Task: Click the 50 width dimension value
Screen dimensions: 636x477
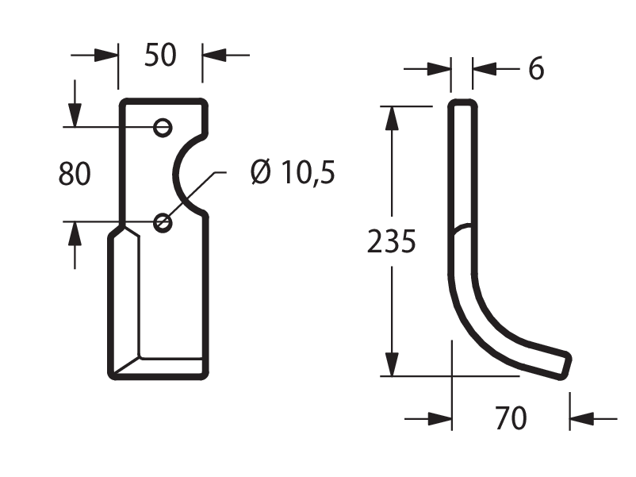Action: pyautogui.click(x=160, y=56)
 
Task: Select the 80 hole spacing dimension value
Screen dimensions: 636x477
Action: pyautogui.click(x=75, y=174)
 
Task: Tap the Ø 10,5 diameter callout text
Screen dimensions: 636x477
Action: pyautogui.click(x=293, y=172)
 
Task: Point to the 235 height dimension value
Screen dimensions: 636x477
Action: pyautogui.click(x=392, y=241)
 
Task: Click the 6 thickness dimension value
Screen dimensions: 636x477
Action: pyautogui.click(x=536, y=68)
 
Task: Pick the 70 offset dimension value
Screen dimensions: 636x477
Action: pyautogui.click(x=511, y=418)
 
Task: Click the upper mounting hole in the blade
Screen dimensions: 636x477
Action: pyautogui.click(x=163, y=128)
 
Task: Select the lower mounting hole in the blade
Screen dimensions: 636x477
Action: pyautogui.click(x=163, y=223)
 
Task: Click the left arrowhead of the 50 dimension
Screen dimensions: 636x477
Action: pyautogui.click(x=106, y=56)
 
